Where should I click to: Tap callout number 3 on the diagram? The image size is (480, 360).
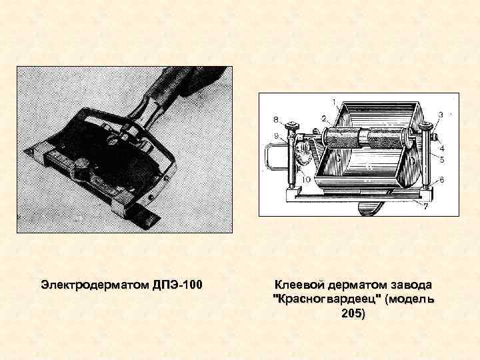(x=440, y=115)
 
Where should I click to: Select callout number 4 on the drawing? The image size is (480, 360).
(x=443, y=148)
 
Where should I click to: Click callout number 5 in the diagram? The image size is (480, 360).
(x=443, y=160)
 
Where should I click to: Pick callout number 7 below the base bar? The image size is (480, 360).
(x=425, y=207)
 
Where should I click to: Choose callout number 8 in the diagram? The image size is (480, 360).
(x=275, y=120)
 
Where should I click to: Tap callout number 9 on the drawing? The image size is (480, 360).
(x=275, y=135)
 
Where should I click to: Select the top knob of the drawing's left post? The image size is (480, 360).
(x=291, y=127)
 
